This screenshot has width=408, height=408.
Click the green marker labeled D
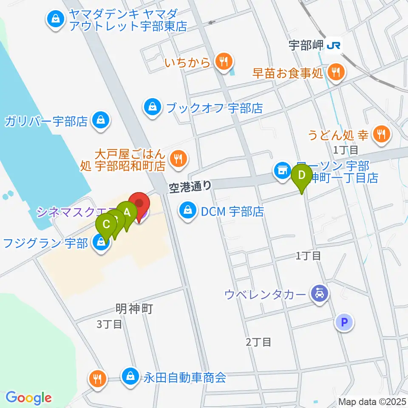pos(302,176)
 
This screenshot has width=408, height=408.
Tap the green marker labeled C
pos(106,224)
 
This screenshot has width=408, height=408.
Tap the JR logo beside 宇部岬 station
pos(334,45)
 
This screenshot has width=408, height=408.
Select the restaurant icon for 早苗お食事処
pos(336,72)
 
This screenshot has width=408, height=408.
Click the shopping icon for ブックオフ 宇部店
pos(152,108)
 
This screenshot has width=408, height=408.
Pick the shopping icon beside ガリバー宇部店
pos(101,122)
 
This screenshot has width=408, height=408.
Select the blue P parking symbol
pos(344,322)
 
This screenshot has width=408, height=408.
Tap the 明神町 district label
pos(134,309)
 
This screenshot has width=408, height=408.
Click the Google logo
pos(28,397)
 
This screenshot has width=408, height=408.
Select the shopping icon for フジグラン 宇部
pos(101,243)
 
